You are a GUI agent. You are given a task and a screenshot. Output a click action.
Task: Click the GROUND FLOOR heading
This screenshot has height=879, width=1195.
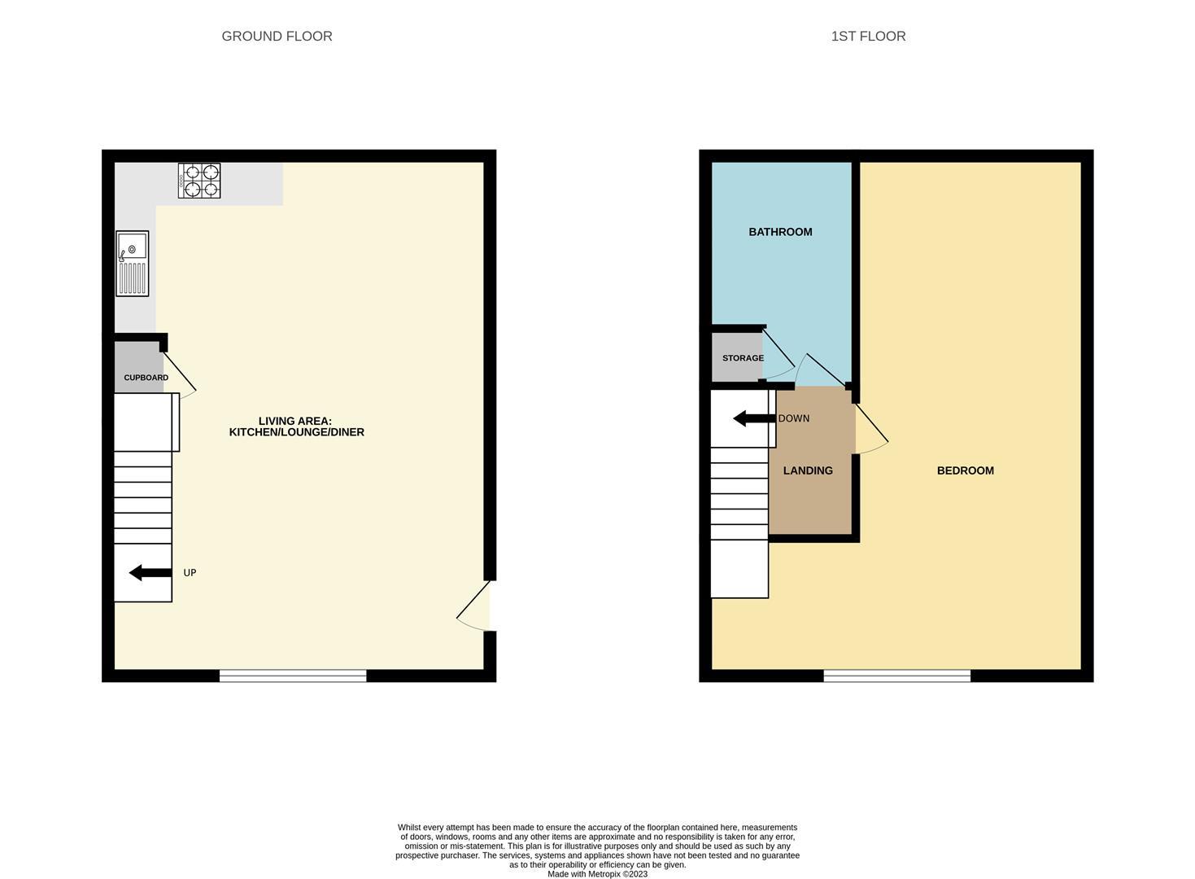click(x=277, y=36)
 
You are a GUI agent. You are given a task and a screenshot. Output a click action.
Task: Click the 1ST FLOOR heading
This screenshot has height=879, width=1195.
click(x=868, y=36)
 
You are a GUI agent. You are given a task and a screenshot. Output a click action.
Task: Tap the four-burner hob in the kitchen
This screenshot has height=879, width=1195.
click(x=199, y=181)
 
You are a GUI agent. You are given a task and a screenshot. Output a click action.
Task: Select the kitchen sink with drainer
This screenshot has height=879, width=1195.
click(x=133, y=263)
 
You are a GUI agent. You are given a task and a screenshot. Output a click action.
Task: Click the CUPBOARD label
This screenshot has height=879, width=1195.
click(x=146, y=378)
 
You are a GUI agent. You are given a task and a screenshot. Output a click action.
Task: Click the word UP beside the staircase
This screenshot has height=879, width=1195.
click(x=190, y=573)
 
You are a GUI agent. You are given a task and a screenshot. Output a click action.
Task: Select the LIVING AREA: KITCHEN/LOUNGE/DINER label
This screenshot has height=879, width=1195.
click(x=296, y=426)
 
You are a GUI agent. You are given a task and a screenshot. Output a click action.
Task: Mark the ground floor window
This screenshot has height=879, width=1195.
click(x=293, y=675)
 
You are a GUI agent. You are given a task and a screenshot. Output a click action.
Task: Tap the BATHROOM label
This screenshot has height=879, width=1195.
click(x=780, y=232)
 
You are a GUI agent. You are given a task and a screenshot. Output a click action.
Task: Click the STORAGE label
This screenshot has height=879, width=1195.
click(x=743, y=358)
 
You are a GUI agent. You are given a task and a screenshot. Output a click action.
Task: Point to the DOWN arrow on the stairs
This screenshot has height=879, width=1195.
click(x=754, y=418)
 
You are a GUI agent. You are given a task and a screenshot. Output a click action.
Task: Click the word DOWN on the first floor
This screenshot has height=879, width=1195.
click(x=793, y=418)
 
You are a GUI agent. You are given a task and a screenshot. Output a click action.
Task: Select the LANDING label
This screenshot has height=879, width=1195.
click(x=808, y=470)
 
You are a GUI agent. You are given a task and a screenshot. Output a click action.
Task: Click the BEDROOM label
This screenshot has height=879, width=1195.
click(x=965, y=470)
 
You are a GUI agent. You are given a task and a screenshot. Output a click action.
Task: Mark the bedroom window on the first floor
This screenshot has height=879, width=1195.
click(x=896, y=675)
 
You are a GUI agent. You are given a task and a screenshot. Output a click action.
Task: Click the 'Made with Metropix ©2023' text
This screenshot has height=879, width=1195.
click(x=597, y=874)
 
